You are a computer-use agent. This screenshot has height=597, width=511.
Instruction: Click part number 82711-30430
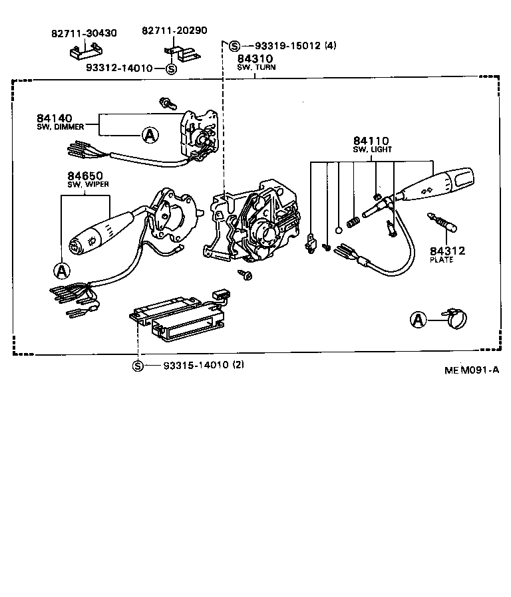[x=83, y=33]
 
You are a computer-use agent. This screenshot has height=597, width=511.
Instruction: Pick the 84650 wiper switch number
[x=83, y=176]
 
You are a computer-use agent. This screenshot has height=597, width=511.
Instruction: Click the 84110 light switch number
[x=371, y=141]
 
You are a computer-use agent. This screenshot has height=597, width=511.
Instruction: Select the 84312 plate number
[x=446, y=251]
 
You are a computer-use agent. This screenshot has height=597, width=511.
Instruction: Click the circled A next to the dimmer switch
[x=150, y=135]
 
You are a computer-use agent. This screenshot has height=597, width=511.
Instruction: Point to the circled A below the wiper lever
[x=61, y=270]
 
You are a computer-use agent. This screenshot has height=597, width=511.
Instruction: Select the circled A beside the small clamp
[x=418, y=320]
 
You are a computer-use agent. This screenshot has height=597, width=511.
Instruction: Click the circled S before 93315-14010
[x=138, y=366]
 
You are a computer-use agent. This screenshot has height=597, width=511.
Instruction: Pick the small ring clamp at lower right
[x=452, y=320]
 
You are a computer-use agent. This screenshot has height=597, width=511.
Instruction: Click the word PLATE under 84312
[x=442, y=260]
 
